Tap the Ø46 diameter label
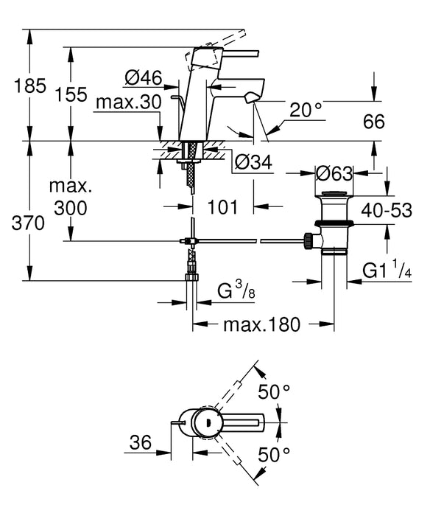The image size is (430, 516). click(142, 77)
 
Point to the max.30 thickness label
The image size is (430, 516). click(127, 102)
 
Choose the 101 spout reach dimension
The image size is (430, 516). click(222, 208)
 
